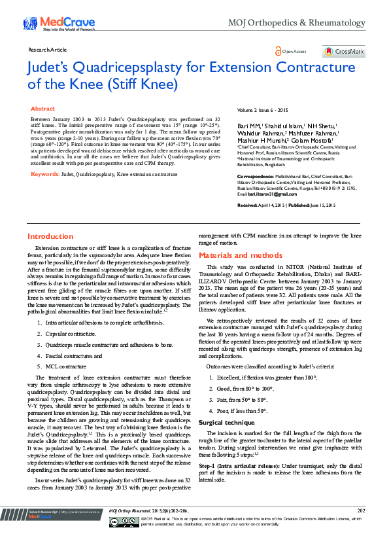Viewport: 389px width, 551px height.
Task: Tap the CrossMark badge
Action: coord(343,51)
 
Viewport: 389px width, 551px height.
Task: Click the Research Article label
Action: coord(48,50)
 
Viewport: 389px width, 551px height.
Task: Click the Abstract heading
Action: coord(43,109)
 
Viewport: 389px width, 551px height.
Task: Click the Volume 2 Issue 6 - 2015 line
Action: coord(262,110)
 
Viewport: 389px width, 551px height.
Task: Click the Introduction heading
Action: coord(50,236)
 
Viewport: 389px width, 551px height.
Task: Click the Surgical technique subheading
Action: coord(227,423)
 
